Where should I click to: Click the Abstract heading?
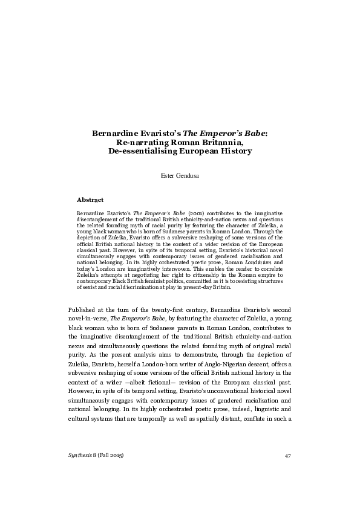coord(90,199)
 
